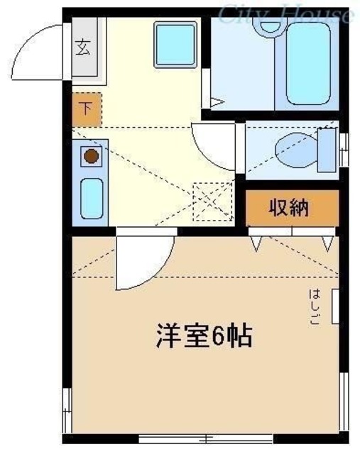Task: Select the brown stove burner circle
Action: [90, 157]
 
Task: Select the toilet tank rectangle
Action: [327, 150]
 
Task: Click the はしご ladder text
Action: [313, 306]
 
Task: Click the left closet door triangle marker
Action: [256, 244]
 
